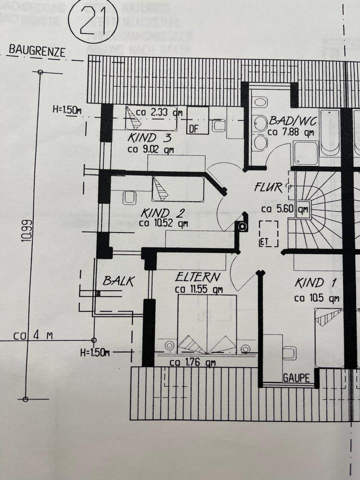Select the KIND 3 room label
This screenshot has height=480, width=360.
coord(149,137)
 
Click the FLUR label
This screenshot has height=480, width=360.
coord(268,187)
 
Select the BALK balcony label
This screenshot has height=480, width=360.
coord(118,281)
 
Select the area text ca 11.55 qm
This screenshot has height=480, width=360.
coord(199,289)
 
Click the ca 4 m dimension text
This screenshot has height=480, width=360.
coord(33,336)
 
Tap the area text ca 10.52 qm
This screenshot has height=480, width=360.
coord(163,224)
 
